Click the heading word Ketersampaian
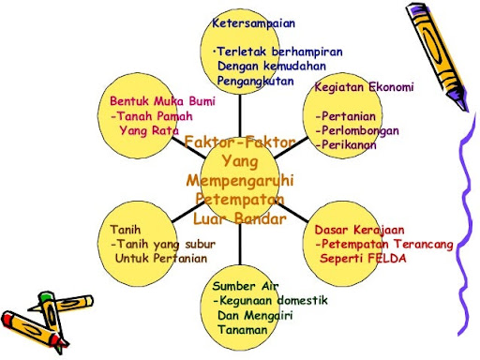point(247,22)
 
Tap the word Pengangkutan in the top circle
point(253,82)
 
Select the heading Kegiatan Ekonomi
point(364,87)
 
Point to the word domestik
point(285,300)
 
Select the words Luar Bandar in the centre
point(240,218)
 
